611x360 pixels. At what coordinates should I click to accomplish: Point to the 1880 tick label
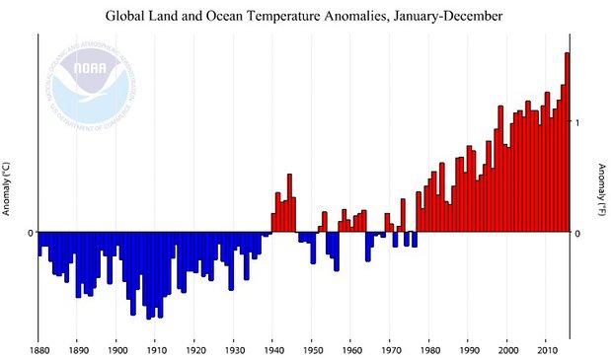click(39, 349)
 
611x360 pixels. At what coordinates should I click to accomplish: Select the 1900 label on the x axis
click(116, 349)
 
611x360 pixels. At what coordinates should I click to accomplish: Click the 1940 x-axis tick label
click(273, 349)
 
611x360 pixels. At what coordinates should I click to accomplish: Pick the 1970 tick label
click(391, 349)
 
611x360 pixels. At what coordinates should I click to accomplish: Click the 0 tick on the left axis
click(30, 233)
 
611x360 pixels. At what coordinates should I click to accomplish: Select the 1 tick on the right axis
click(577, 122)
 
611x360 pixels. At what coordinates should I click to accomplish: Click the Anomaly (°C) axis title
click(8, 188)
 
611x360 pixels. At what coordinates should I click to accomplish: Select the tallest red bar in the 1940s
click(290, 203)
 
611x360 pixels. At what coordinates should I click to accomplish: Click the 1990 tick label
click(469, 349)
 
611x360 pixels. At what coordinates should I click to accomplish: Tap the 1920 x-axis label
click(194, 349)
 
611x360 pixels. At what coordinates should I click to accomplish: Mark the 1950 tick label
click(312, 349)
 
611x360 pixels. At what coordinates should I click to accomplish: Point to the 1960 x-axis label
click(351, 349)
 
